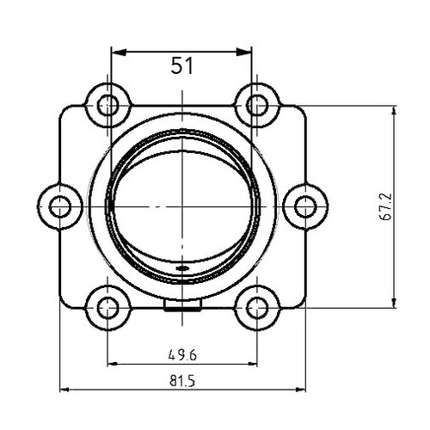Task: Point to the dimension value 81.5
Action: (181, 379)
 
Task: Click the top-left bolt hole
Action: (107, 106)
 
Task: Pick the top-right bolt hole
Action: (257, 106)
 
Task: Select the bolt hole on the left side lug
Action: (59, 206)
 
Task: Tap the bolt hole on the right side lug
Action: (305, 206)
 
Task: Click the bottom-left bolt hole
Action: (107, 307)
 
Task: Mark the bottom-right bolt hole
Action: (257, 307)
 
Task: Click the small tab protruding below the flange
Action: (181, 305)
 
